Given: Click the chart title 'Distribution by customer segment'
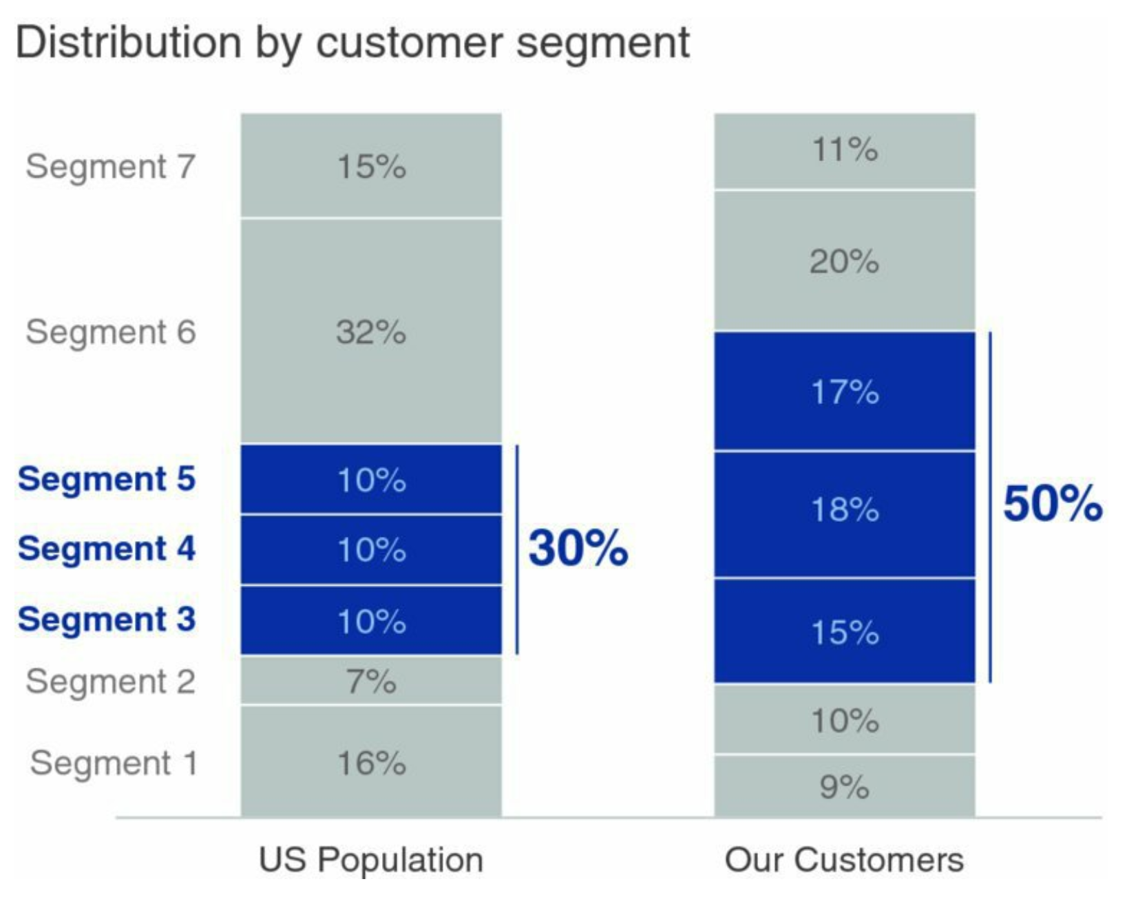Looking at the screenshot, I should tap(352, 43).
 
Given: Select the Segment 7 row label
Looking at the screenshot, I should tap(110, 167).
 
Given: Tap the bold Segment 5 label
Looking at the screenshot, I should tap(107, 479).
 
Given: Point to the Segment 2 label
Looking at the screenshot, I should tap(110, 682).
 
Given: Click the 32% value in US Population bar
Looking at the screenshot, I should tap(371, 332).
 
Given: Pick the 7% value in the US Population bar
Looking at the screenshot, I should tap(371, 682).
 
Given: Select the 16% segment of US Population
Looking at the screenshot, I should tap(371, 763).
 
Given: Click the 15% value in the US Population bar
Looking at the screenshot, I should tap(371, 167).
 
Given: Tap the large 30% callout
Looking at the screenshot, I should tap(578, 549).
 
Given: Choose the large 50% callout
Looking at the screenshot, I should tap(1052, 504).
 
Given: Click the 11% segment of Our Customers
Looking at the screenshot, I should tap(845, 150).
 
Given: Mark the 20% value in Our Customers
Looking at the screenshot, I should tap(845, 262).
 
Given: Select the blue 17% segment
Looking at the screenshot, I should tap(845, 392).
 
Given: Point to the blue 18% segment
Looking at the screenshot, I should tap(845, 510).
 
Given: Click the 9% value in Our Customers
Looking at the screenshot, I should tap(845, 787).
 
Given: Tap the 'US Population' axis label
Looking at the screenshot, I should tap(371, 860).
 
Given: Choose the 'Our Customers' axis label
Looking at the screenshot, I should tap(844, 860).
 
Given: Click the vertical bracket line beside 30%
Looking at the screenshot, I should tap(517, 549).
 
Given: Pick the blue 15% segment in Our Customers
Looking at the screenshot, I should tap(845, 632).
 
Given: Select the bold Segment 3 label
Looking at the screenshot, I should tap(107, 620).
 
